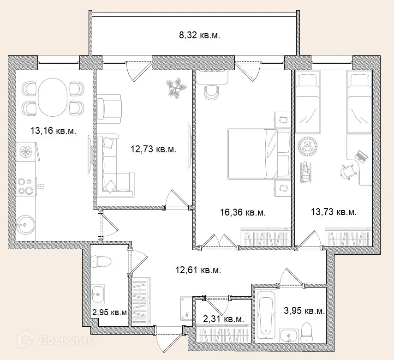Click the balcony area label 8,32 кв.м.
click(x=199, y=35)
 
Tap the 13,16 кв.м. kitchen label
click(x=53, y=131)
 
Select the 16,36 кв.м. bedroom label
click(x=243, y=212)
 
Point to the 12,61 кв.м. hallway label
click(x=198, y=270)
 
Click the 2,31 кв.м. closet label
click(x=223, y=319)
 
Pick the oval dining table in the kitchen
click(x=53, y=97)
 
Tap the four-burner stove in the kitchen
click(x=26, y=186)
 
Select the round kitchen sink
click(x=26, y=225)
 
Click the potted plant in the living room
click(x=176, y=87)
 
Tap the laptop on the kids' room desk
click(x=362, y=156)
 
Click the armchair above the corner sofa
click(x=109, y=108)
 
